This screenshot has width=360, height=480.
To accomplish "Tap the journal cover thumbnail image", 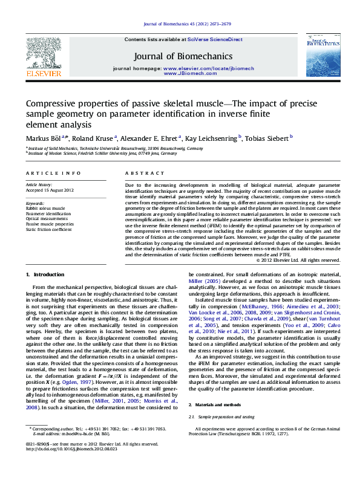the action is (322, 55).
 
